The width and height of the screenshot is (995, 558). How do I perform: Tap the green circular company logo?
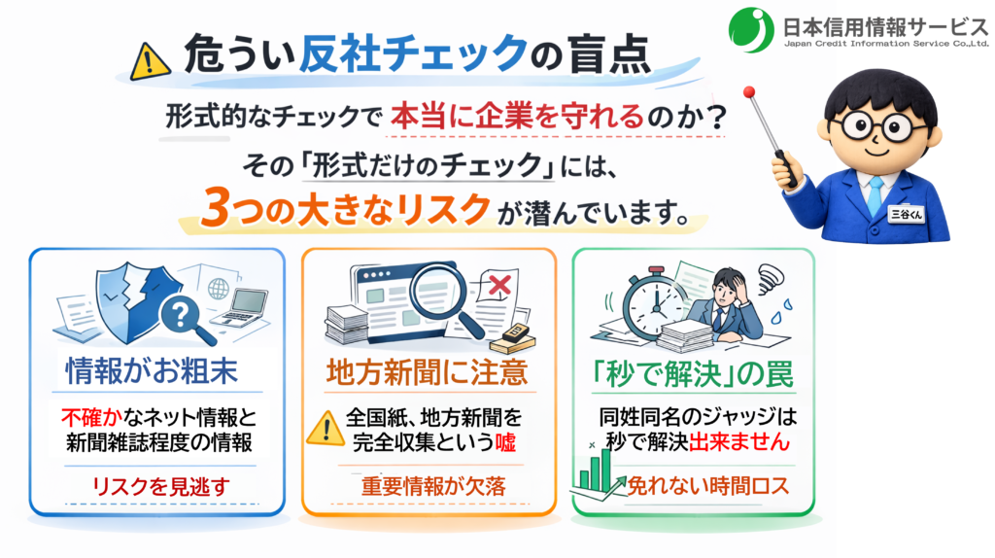[750, 29]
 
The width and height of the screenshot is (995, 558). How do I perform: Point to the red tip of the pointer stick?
[749, 93]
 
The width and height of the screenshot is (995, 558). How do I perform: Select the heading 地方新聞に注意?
[428, 371]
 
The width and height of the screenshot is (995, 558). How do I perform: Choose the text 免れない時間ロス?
[706, 485]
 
